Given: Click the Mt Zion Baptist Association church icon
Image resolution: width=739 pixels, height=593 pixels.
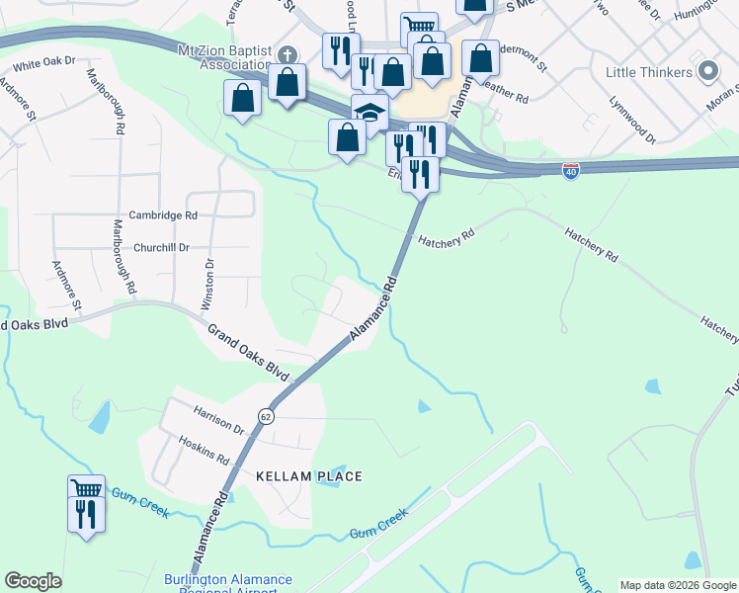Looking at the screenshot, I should click(287, 53).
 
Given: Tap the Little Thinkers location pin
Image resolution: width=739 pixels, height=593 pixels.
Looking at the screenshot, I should click(707, 71).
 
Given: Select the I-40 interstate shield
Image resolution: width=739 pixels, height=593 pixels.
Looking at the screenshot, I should click(570, 171).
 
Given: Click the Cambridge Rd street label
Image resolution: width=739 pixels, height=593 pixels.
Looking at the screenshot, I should click(163, 214).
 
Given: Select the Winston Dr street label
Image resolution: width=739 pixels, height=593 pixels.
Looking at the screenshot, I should click(208, 285).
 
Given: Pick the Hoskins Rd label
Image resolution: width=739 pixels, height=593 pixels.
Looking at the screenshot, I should click(204, 452).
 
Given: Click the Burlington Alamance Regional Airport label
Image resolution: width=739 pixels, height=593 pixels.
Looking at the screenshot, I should click(227, 584).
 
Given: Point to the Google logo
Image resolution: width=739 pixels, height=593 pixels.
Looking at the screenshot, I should click(32, 581).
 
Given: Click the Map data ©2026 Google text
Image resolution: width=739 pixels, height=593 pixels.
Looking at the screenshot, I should click(677, 585).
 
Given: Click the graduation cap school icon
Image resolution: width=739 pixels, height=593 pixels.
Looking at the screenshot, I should click(369, 112).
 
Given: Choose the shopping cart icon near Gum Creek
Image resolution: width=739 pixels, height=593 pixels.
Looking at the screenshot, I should click(86, 489).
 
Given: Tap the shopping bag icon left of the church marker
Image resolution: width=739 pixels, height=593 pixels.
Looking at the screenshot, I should click(242, 99).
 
